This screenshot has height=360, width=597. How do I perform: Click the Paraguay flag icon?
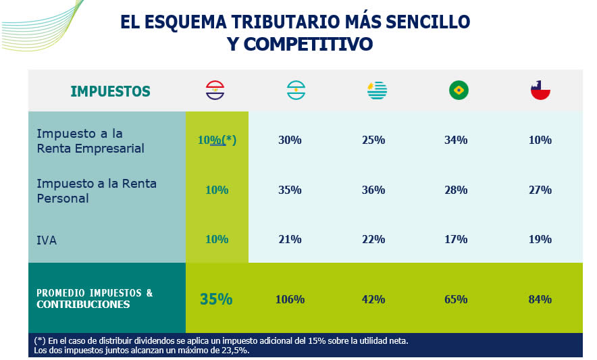pyautogui.click(x=215, y=91)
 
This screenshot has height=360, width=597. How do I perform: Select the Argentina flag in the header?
pyautogui.click(x=296, y=91)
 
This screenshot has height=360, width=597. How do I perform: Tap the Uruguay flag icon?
pyautogui.click(x=377, y=91)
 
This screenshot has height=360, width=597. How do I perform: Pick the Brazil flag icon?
pyautogui.click(x=459, y=91)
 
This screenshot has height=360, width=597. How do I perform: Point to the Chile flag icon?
pyautogui.click(x=540, y=91)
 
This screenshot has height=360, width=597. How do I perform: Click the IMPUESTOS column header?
pyautogui.click(x=110, y=91)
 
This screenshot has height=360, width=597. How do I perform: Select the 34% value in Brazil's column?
pyautogui.click(x=456, y=140)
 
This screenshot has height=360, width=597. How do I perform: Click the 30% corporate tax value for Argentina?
pyautogui.click(x=290, y=140)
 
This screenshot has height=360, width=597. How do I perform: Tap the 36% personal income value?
pyautogui.click(x=373, y=190)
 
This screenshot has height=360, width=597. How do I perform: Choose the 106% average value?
pyautogui.click(x=290, y=299)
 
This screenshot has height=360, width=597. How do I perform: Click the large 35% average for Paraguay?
pyautogui.click(x=216, y=299)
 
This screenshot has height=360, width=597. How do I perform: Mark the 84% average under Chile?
pyautogui.click(x=540, y=299)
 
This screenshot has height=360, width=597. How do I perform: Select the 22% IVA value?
pyautogui.click(x=373, y=239)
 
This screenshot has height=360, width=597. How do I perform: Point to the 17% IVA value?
pyautogui.click(x=456, y=239)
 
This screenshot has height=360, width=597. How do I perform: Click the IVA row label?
pyautogui.click(x=47, y=240)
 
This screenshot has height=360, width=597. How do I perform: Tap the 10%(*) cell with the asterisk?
pyautogui.click(x=217, y=140)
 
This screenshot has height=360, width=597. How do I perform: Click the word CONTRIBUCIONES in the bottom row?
pyautogui.click(x=83, y=305)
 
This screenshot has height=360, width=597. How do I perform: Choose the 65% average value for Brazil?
pyautogui.click(x=456, y=299)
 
